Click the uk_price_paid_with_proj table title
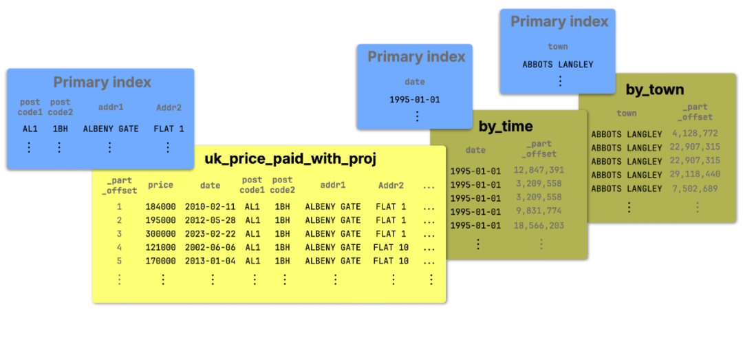[290, 160]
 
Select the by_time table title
[506, 126]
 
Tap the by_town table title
[655, 89]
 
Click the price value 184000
[160, 207]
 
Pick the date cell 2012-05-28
[210, 220]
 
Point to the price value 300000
[160, 234]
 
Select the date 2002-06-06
[210, 248]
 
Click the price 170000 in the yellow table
[160, 261]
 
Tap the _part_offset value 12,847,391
[539, 170]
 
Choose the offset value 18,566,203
[539, 226]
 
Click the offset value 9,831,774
[539, 212]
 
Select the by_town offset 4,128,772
[695, 134]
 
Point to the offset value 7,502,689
[695, 189]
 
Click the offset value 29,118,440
[695, 174]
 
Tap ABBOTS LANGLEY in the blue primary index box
[558, 65]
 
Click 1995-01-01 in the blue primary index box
[415, 100]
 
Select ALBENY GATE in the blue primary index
[111, 129]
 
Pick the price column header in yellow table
[160, 185]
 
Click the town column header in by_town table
[627, 113]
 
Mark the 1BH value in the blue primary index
[60, 129]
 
